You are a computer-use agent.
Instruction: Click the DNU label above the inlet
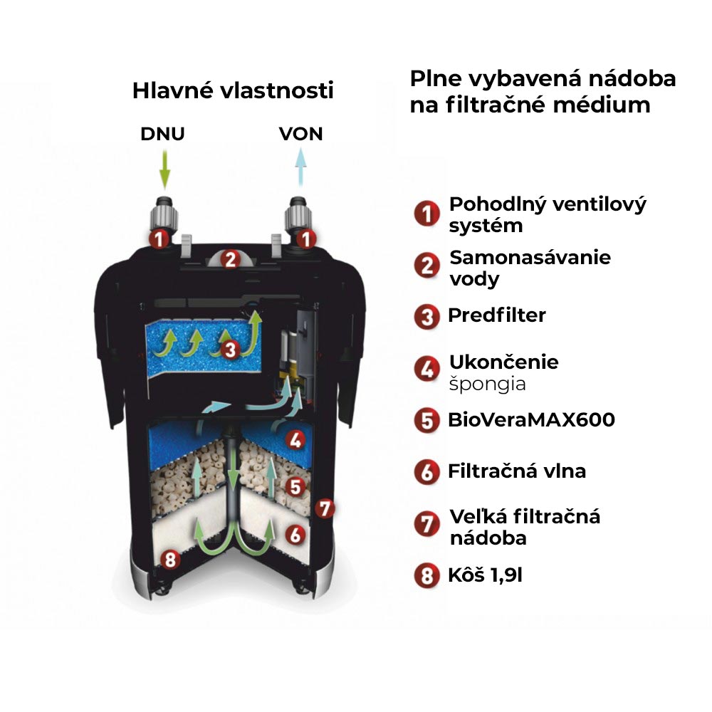coord(162,134)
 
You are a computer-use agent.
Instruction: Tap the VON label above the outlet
coord(300,134)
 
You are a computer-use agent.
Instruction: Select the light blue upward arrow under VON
coord(300,167)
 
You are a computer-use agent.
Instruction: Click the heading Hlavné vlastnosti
coord(233,90)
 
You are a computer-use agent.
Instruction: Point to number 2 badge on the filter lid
coord(230,259)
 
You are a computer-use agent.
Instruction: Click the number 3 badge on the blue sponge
coord(230,350)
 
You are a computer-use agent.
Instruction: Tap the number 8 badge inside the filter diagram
coord(170,559)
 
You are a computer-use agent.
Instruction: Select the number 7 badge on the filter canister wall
coord(325,508)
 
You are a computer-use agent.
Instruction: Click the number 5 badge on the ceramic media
coord(295,487)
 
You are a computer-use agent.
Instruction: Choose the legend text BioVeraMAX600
coord(531,419)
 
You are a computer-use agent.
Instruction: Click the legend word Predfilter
coord(497,315)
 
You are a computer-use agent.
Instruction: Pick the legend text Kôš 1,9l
coord(485,575)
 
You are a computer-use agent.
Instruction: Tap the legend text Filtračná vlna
coord(517,471)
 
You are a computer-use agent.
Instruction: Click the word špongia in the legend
coord(487,384)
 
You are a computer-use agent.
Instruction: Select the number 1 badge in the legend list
coord(426,214)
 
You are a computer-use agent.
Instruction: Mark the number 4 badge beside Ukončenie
coord(426,369)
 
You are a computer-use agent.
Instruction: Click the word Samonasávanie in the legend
coord(530,258)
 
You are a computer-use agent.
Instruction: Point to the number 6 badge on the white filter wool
coord(295,535)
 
